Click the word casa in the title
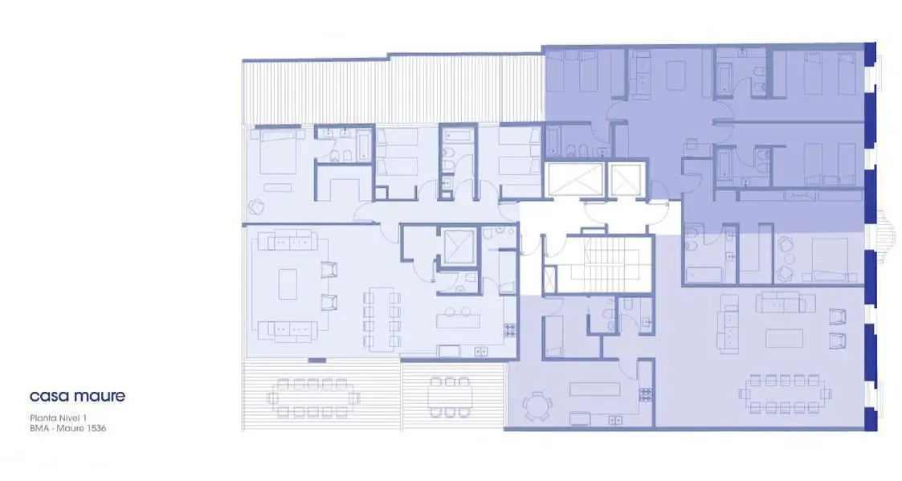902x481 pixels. [48, 397]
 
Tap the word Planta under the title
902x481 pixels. [42, 418]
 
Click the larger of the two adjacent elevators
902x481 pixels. [574, 180]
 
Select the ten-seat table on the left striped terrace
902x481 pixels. [313, 397]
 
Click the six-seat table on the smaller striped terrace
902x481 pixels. [451, 397]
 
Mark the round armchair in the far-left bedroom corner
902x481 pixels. [256, 206]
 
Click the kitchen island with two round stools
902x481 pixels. [458, 318]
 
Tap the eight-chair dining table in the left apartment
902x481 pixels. [382, 320]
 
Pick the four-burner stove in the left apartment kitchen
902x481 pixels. [510, 330]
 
